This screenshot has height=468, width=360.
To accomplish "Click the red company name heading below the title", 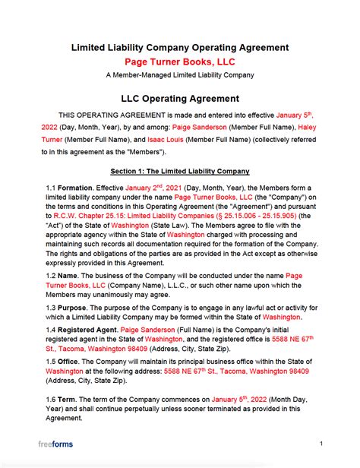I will [180, 61].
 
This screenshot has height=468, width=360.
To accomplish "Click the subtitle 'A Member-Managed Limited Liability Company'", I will [180, 75].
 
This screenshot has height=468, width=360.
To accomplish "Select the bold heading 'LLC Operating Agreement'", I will [180, 98].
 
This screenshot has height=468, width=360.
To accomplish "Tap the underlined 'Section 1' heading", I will [180, 171].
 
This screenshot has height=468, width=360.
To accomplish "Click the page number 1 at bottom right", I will [321, 443].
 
